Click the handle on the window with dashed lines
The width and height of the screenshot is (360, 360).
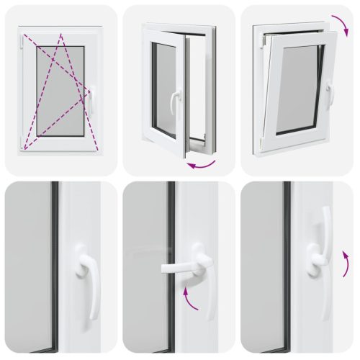(91, 101)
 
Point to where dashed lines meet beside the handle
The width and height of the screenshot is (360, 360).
(88, 91)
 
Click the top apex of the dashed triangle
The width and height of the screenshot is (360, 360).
(61, 34)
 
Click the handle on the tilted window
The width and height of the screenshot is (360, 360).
(329, 94)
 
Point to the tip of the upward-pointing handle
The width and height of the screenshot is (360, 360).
(326, 211)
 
